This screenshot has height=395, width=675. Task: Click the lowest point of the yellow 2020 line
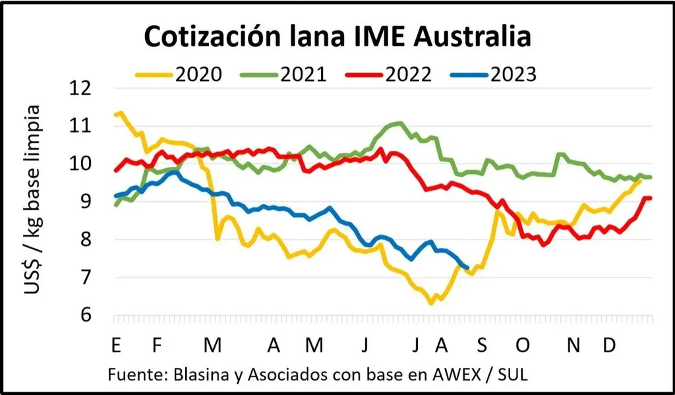431,303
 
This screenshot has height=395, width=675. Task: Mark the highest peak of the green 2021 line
399,123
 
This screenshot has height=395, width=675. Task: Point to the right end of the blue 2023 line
467,267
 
